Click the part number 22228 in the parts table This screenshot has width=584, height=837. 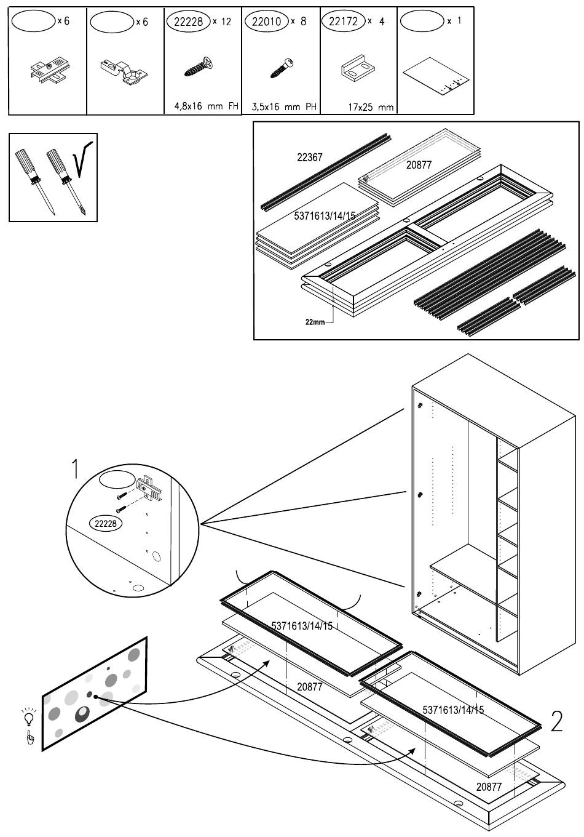187,22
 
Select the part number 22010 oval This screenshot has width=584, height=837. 266,22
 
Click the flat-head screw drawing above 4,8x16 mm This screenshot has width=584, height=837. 200,67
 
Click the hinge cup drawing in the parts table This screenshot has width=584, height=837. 124,71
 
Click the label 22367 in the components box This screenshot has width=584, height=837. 309,158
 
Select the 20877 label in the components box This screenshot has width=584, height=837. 419,165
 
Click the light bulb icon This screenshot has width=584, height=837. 27,717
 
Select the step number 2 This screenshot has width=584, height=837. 556,721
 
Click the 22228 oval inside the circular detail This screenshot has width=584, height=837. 106,524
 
